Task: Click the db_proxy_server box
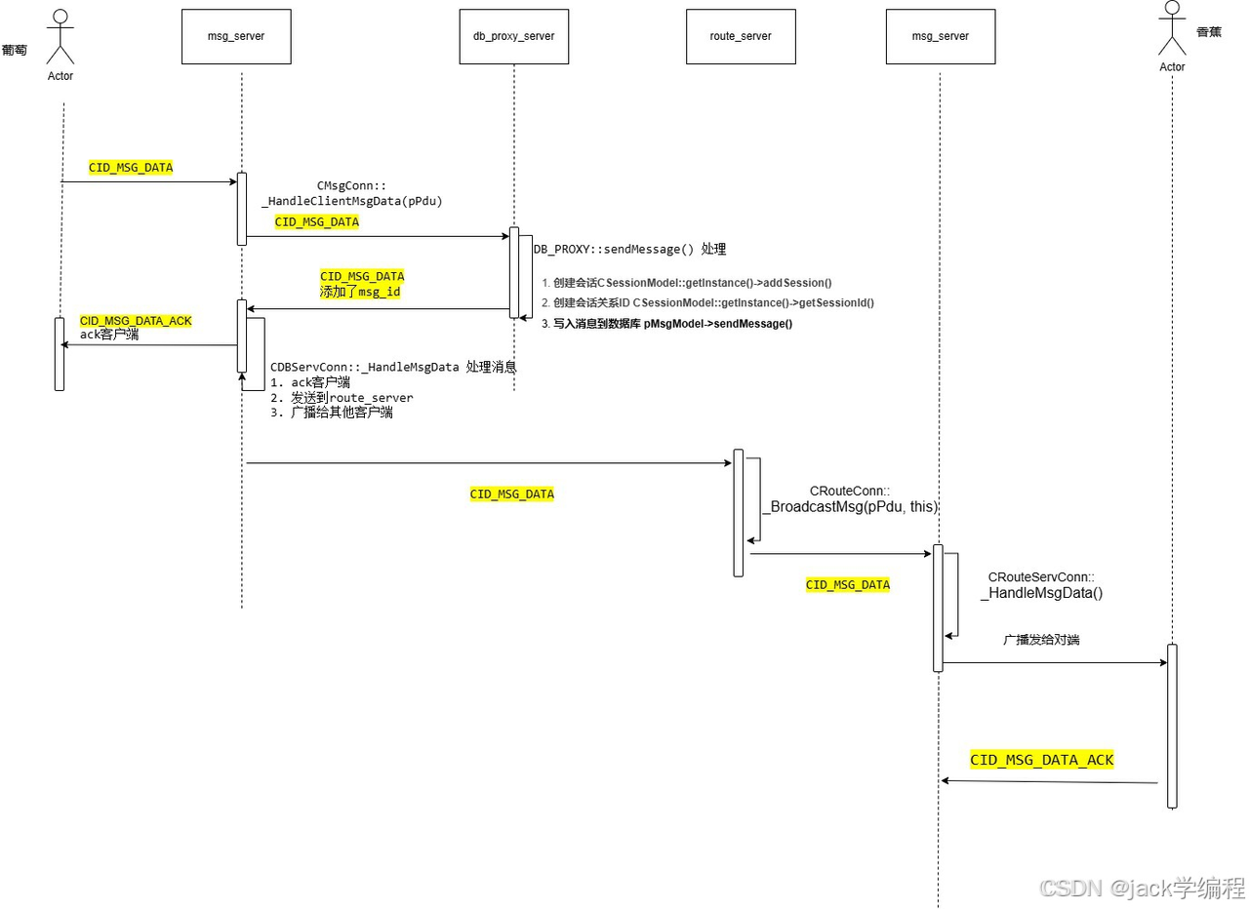[513, 37]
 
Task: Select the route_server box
[740, 37]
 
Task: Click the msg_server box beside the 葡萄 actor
[236, 37]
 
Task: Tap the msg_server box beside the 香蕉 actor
[940, 37]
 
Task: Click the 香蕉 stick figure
[1171, 29]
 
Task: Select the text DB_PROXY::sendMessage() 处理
[629, 250]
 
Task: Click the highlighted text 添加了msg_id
[360, 292]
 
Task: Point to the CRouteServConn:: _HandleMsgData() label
[1044, 585]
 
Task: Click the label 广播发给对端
[1041, 641]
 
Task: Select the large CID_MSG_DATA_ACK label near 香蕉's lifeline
[1041, 760]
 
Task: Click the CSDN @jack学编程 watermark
[1142, 888]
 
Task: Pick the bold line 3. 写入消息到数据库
[666, 324]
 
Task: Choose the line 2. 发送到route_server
[342, 398]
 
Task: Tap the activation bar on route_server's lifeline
[739, 512]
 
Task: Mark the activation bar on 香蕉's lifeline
[1172, 726]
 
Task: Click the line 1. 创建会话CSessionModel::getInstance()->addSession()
[687, 283]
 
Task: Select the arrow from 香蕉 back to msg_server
[1049, 781]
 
